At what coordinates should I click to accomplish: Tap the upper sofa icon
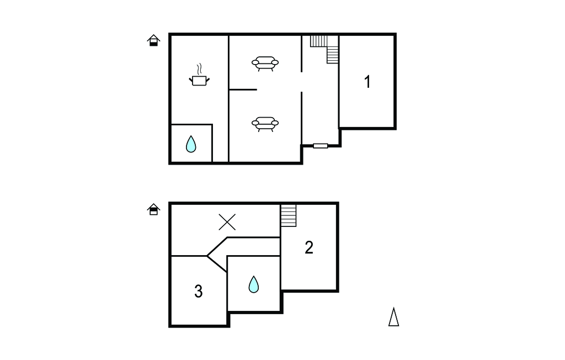(x=265, y=63)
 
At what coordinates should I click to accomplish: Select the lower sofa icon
(x=265, y=124)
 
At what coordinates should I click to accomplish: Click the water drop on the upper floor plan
(x=191, y=144)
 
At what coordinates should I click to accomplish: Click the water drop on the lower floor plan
(x=254, y=284)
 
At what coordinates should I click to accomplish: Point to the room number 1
(x=367, y=82)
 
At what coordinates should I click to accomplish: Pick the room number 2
(x=309, y=247)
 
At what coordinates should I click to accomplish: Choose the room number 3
(x=199, y=291)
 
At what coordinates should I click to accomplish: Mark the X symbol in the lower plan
(x=227, y=222)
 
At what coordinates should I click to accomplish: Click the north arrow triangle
(x=393, y=317)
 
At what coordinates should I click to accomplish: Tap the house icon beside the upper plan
(x=153, y=40)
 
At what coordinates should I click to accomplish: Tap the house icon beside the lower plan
(x=153, y=209)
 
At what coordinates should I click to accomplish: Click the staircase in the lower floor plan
(x=288, y=216)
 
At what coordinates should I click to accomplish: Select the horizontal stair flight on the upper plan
(x=319, y=41)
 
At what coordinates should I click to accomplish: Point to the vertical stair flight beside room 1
(x=333, y=55)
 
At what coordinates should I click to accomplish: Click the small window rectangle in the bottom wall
(x=321, y=146)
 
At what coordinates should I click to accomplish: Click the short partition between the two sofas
(x=243, y=89)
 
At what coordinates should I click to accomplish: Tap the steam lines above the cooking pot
(x=199, y=69)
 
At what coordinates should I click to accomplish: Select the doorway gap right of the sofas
(x=301, y=82)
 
